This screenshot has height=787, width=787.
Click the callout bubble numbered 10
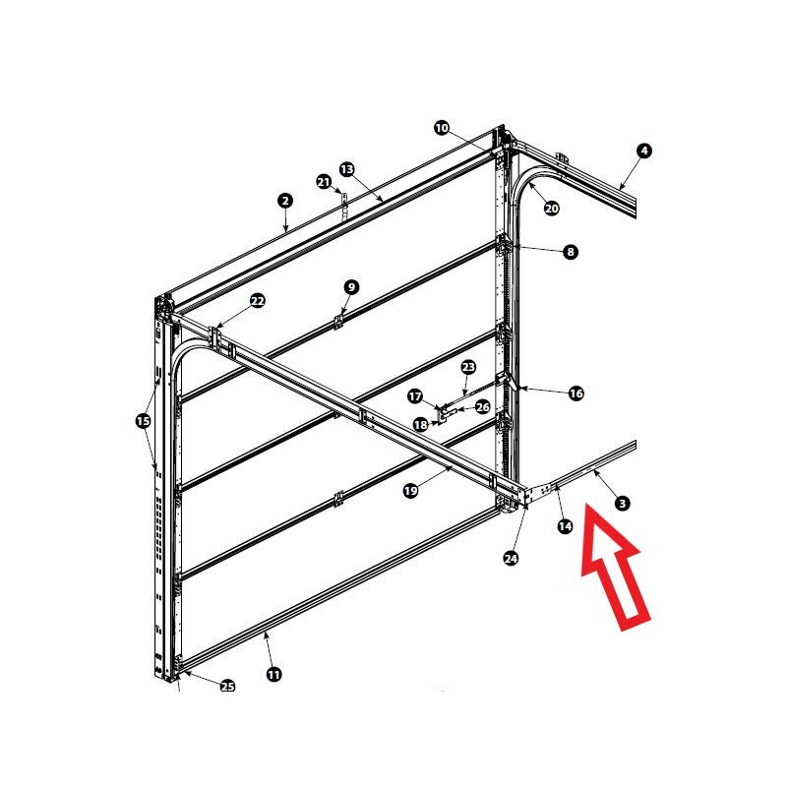point(442,128)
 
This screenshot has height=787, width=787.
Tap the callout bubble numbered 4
point(644,151)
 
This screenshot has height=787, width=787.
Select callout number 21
point(325,182)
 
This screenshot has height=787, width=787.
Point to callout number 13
point(347,169)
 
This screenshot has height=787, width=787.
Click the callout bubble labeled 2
point(285,202)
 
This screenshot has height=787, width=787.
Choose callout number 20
point(552,208)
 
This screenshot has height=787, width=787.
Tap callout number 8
point(571,252)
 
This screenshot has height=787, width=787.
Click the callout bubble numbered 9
point(351,287)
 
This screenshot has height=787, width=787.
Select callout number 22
point(258,301)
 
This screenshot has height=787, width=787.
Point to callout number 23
point(468,367)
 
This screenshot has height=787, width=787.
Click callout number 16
point(576,393)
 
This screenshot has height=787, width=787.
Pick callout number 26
point(482,407)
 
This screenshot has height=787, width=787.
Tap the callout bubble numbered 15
point(143,420)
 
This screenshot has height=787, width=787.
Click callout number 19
point(410,490)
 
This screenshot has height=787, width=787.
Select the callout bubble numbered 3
point(623,503)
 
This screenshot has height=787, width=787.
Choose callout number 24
point(511,558)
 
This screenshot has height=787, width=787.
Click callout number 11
point(274,674)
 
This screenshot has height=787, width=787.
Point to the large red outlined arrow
point(616,569)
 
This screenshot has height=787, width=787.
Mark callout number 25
point(228,686)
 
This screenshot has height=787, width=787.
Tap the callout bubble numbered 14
point(565,526)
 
